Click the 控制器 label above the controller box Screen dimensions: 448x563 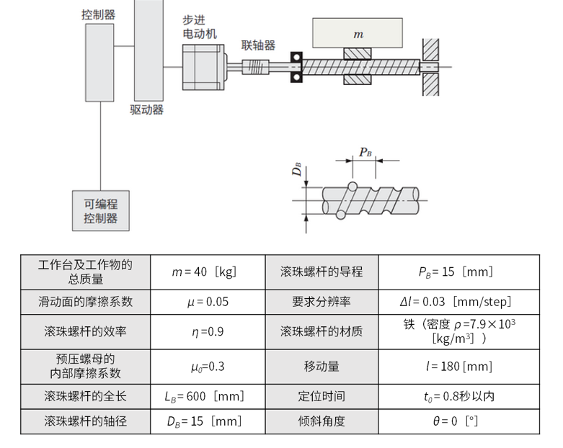point(99,14)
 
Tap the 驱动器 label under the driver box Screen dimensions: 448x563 point(146,110)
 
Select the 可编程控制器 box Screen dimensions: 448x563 point(101,211)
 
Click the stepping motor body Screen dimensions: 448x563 point(201,68)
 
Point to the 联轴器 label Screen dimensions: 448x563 point(258,45)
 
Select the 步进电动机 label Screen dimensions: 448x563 point(200,27)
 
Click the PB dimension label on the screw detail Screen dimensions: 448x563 point(365,153)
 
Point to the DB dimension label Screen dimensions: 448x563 point(296,171)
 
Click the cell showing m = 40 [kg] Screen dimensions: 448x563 point(207,272)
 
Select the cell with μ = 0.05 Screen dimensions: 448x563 point(207,302)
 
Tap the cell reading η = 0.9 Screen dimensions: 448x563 point(207,332)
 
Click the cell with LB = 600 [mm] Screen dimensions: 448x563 point(207,396)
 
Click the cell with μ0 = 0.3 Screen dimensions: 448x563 point(207,366)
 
